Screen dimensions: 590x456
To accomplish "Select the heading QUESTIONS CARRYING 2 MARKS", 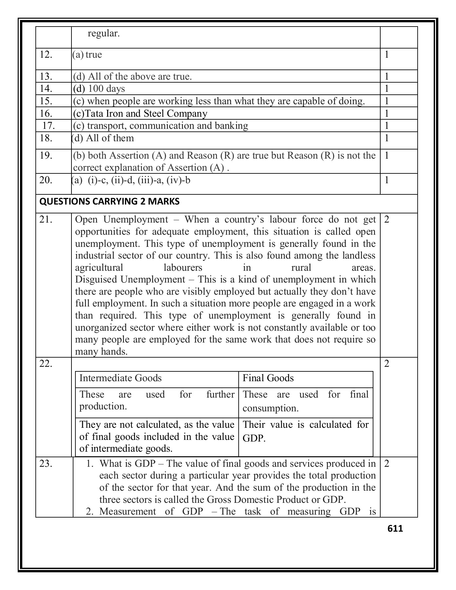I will [109, 202].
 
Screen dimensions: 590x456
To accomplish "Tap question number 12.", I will [46, 55].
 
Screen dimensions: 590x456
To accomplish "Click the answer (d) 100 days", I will [99, 88].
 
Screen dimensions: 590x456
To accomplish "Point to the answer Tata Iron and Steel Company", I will [140, 113].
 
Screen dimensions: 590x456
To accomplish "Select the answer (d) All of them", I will [103, 138].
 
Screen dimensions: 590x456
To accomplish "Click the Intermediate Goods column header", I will [121, 378].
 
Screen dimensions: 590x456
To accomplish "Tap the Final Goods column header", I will [268, 378].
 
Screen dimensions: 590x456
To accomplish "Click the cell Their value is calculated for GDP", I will [305, 431].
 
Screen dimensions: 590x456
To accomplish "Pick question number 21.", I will [46, 220].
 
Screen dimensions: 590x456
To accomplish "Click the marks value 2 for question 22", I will [387, 364].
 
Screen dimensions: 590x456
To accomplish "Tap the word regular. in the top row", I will [104, 33].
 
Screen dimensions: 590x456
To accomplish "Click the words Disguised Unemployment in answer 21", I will [130, 280].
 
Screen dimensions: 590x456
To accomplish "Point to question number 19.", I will [46, 155].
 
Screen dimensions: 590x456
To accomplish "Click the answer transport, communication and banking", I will [161, 126].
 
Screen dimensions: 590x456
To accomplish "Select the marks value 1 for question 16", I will [387, 113].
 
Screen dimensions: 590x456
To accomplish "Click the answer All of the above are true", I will [132, 77].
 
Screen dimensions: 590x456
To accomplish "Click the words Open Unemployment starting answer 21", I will [121, 220].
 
